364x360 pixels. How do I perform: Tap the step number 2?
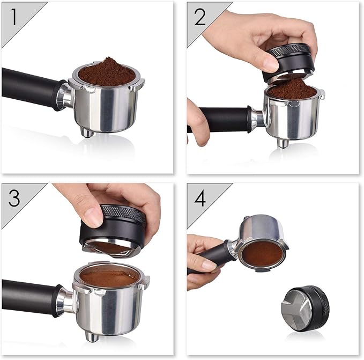(199, 17)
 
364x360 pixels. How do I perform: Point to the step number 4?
(199, 199)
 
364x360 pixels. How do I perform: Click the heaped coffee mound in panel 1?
(107, 71)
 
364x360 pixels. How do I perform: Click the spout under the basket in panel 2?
(283, 143)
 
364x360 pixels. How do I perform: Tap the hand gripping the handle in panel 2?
(197, 121)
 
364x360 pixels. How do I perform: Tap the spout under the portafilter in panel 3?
(92, 336)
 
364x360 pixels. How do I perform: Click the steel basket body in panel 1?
(107, 108)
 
